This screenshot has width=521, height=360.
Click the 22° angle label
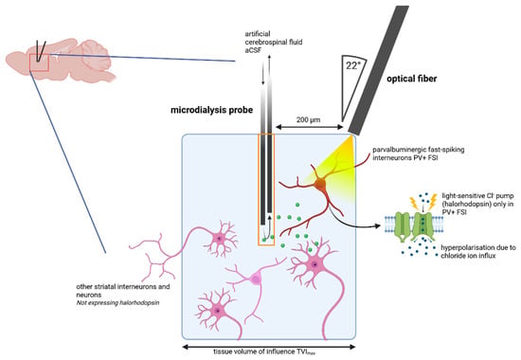353,65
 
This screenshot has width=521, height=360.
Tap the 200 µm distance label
309,119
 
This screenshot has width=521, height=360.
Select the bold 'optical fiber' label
411,79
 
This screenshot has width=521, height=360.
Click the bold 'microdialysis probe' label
211,110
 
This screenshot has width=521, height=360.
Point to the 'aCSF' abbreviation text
254,50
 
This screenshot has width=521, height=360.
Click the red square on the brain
39,63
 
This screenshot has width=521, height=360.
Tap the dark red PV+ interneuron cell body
321,185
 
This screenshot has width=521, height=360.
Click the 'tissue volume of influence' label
264,351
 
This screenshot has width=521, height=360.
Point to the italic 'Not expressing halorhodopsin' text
118,303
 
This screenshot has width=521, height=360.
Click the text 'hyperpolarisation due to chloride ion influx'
478,252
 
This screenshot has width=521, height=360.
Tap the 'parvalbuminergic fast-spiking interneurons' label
419,153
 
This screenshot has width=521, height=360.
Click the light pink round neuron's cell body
256,279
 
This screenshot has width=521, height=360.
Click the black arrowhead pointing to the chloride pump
377,226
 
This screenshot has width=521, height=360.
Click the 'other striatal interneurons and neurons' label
123,291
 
